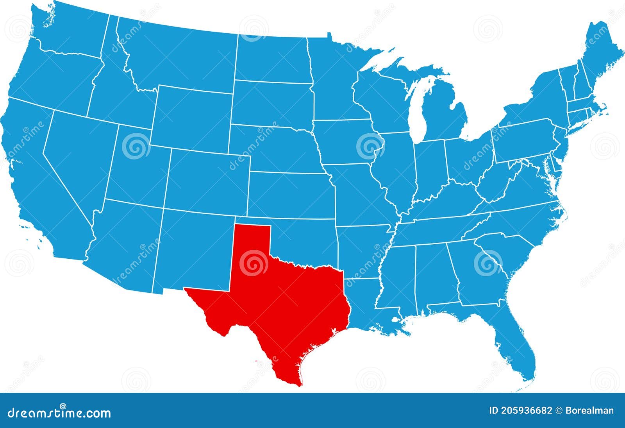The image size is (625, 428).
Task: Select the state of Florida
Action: point(512,344)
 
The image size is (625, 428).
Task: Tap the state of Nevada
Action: point(78,156)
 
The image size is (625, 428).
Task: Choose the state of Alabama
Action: point(434,274)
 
